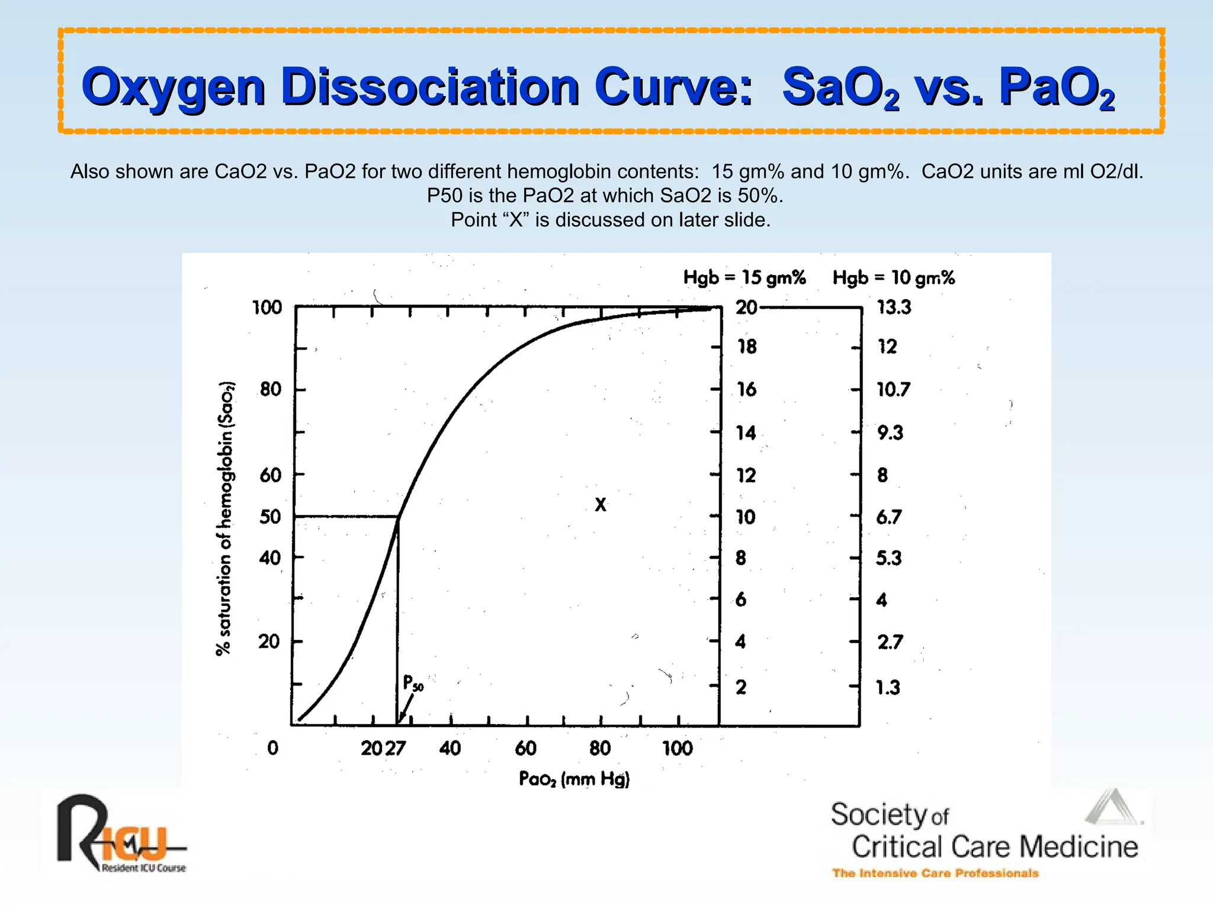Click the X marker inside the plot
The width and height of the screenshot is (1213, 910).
(x=601, y=505)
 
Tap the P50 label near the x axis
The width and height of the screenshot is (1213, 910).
(x=413, y=683)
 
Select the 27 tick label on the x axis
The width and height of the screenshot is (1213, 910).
(x=396, y=748)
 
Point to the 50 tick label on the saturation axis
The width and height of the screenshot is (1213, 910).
(x=270, y=517)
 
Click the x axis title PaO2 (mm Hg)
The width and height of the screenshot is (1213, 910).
(x=574, y=778)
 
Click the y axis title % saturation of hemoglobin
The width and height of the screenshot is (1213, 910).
(x=225, y=518)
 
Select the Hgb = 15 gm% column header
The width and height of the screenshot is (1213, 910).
(x=745, y=277)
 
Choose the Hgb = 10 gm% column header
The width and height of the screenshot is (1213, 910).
(x=893, y=277)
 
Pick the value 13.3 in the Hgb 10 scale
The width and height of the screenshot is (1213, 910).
(x=894, y=307)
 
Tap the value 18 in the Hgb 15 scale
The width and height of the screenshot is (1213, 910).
(x=747, y=347)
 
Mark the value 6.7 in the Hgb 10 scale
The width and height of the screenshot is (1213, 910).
(x=889, y=517)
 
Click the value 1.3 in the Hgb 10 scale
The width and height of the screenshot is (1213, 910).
(x=888, y=687)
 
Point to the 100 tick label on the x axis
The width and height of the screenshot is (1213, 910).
(x=677, y=748)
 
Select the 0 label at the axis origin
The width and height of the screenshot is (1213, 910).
(x=272, y=748)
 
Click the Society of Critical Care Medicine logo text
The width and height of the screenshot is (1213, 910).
(x=983, y=832)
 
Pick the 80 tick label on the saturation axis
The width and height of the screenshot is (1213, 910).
(x=271, y=389)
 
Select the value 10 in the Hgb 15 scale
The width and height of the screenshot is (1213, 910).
(x=746, y=517)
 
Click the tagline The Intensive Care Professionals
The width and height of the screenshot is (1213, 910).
(x=935, y=873)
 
